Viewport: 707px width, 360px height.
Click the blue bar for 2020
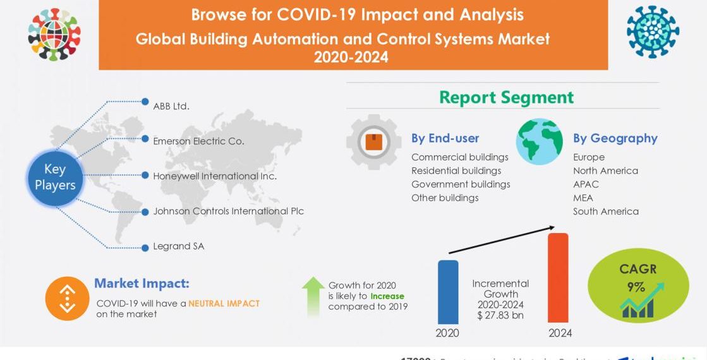pos(448,292)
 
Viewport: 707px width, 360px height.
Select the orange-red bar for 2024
pos(557,278)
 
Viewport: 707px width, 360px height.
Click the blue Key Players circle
pos(55,177)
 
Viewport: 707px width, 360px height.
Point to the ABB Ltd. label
pos(171,106)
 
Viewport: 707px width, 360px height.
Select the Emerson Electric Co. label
pos(198,141)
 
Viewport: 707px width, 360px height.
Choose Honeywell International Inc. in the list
pos(215,176)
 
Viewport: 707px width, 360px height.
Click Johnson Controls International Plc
pos(228,211)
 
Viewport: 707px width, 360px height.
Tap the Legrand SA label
pos(179,246)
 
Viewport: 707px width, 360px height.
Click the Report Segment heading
pos(506,97)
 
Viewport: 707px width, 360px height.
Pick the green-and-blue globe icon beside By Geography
pos(539,141)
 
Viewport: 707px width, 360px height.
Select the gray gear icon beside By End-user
pos(373,141)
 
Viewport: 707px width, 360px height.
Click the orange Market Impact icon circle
pos(67,298)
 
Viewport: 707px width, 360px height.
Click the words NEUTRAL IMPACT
pos(224,303)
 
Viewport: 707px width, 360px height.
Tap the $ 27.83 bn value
pos(500,315)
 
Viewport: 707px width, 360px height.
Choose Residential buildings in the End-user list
pos(456,171)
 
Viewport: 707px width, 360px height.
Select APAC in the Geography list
pos(586,184)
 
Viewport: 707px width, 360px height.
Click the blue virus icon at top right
pos(653,32)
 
